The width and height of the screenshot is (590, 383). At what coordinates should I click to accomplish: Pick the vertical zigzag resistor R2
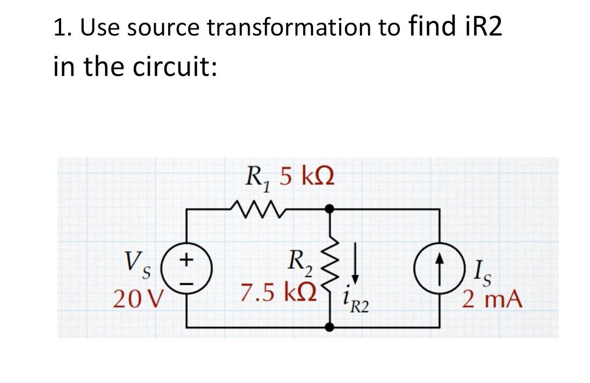coord(330,268)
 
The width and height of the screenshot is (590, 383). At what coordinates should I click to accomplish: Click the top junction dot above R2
coord(329,208)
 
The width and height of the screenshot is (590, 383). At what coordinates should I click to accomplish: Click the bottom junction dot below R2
coord(329,327)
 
